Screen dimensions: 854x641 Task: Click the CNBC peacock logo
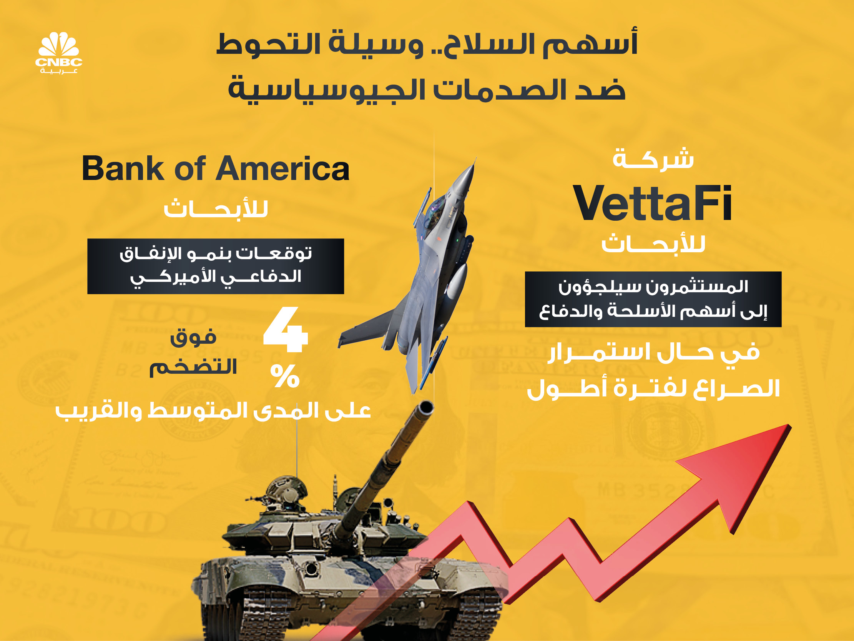(x=59, y=52)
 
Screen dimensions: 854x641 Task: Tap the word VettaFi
(x=653, y=203)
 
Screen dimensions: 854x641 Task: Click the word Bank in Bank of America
(x=123, y=168)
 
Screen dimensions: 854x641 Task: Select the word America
(x=282, y=168)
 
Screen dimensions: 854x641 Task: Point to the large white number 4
(x=286, y=330)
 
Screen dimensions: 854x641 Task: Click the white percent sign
(x=285, y=376)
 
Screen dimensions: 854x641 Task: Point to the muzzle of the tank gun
(x=426, y=407)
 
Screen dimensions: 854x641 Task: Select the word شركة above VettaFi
(x=653, y=158)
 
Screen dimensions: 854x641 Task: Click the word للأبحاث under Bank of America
(x=216, y=209)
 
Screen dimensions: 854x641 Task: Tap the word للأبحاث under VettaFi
(x=653, y=243)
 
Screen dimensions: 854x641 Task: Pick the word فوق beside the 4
(x=193, y=337)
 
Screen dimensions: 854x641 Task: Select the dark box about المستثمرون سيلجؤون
(x=653, y=300)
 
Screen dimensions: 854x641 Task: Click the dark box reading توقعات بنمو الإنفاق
(x=216, y=266)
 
